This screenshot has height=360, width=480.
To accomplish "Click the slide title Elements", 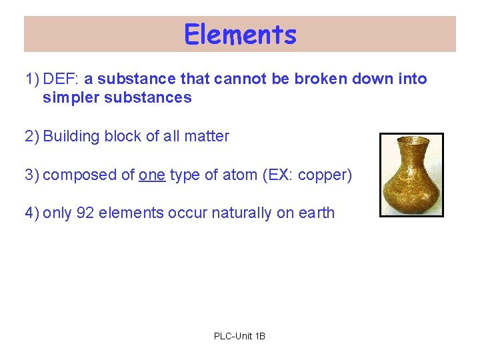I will click(x=240, y=35).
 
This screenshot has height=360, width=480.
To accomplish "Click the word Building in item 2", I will click(x=70, y=137).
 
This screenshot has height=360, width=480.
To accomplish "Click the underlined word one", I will click(x=151, y=175).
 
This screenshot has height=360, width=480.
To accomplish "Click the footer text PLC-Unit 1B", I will click(x=239, y=336).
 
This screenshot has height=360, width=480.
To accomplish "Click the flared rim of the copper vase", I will click(x=411, y=141).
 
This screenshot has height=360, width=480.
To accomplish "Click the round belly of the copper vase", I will click(x=411, y=189).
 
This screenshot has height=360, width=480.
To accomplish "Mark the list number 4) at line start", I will click(x=32, y=213).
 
